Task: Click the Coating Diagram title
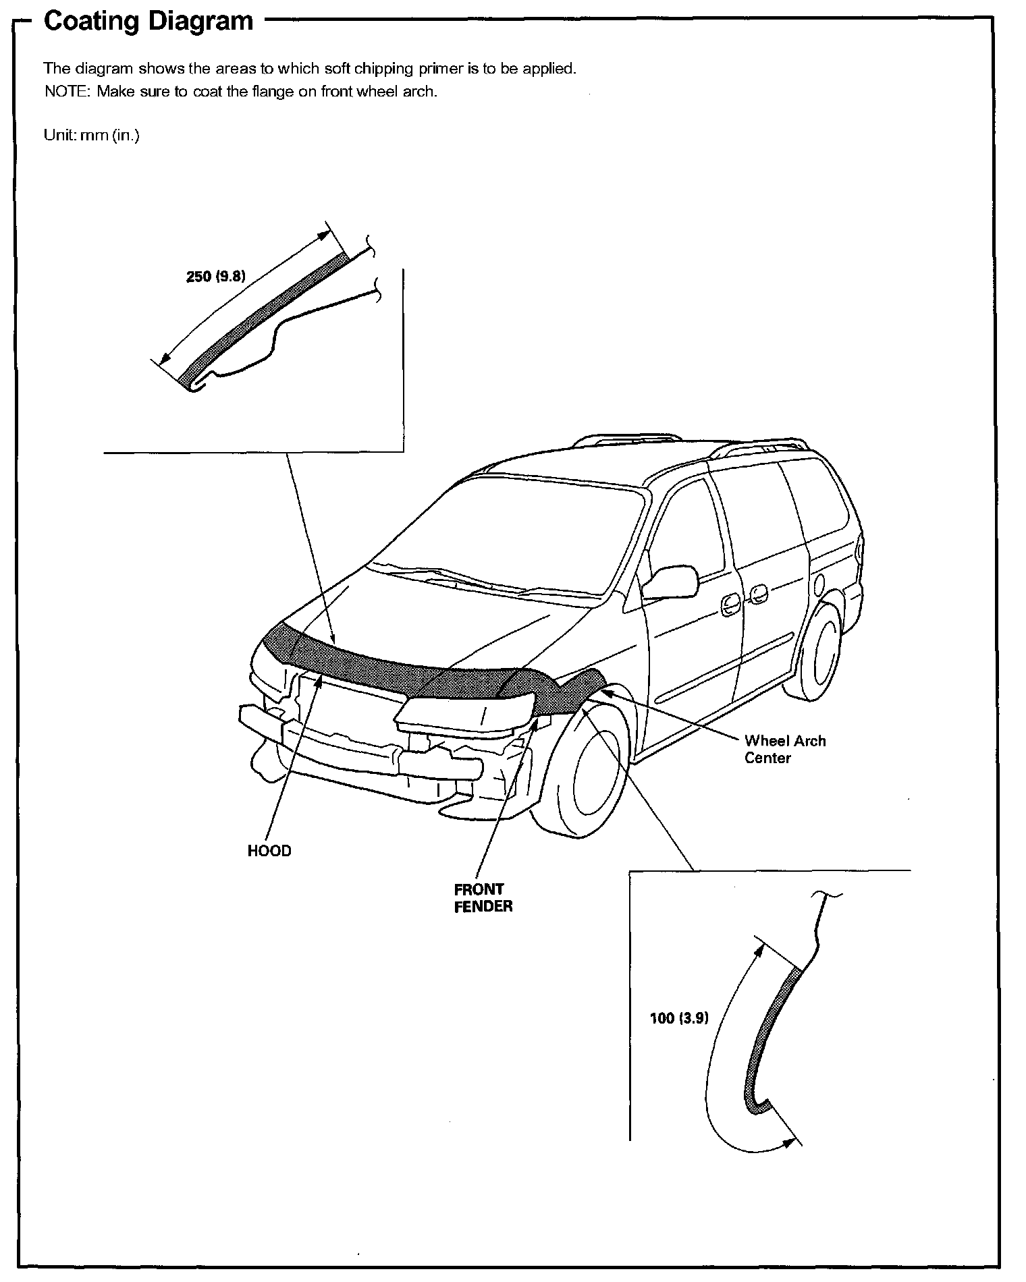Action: [x=148, y=21]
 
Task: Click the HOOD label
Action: [x=269, y=852]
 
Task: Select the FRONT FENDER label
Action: [x=483, y=898]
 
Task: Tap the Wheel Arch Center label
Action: [x=784, y=750]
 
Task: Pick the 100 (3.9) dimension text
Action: [x=679, y=1018]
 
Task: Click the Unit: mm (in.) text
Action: [x=91, y=135]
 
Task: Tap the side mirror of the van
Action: [x=669, y=582]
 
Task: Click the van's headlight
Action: [x=466, y=714]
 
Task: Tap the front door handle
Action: [x=730, y=605]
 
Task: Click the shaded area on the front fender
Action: [x=560, y=695]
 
